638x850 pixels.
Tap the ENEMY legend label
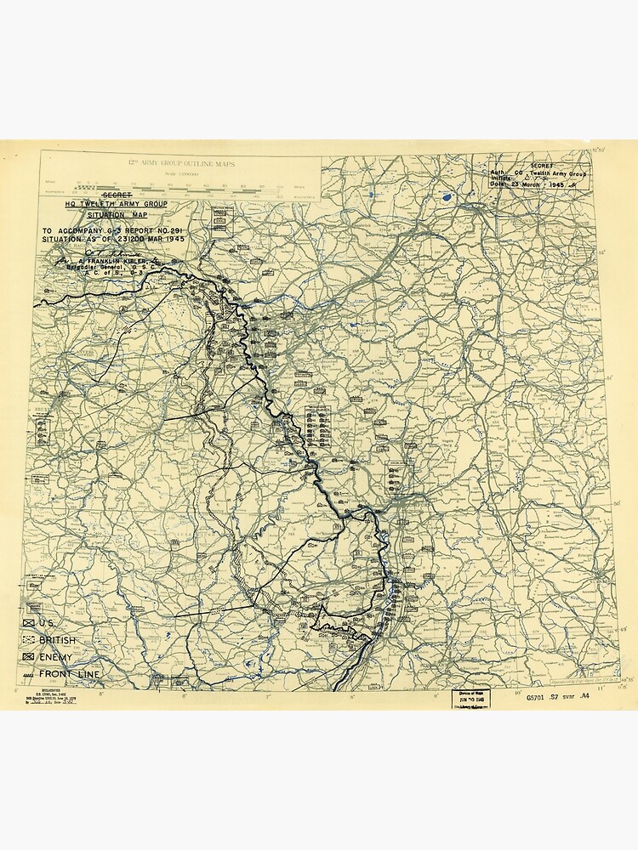click(56, 657)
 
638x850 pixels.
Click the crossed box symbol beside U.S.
click(31, 623)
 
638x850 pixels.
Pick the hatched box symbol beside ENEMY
click(31, 657)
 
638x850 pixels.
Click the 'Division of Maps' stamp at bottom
click(473, 697)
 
